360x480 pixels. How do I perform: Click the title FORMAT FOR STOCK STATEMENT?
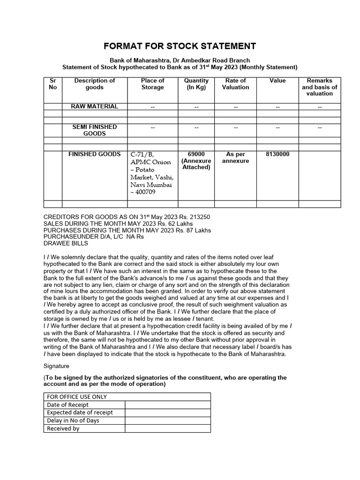tap(180, 46)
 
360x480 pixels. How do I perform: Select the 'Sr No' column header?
tap(52, 84)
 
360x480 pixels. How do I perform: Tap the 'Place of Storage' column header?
tap(152, 84)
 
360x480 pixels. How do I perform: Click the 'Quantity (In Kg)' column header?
tap(196, 84)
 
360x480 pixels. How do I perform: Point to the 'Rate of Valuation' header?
tap(235, 84)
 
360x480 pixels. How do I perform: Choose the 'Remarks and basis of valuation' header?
tap(319, 87)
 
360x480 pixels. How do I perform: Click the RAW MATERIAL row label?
tap(94, 106)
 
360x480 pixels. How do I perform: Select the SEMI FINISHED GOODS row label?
tap(94, 130)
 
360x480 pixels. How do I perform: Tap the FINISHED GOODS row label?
tap(94, 154)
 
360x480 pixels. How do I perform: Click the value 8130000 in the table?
tap(277, 154)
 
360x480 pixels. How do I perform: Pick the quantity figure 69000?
tap(196, 154)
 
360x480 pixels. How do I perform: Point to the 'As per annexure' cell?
tap(235, 157)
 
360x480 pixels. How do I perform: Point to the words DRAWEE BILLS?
tap(66, 243)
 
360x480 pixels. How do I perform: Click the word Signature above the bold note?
tap(56, 365)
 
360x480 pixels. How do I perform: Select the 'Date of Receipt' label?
tap(68, 405)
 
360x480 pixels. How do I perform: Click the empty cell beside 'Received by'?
tap(167, 428)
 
